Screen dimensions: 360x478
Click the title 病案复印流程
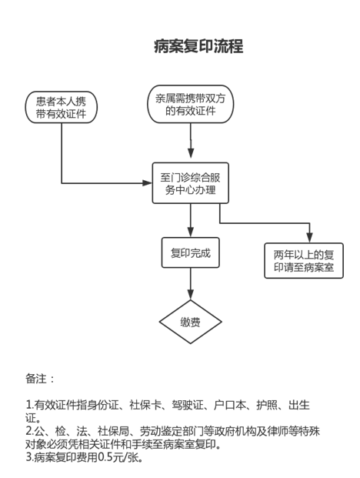coord(198,46)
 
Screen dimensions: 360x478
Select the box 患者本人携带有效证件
coord(62,107)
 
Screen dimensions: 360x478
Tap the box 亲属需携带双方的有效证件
coord(191,104)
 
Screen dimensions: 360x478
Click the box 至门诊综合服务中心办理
coord(190,183)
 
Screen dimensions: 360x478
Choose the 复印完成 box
coord(190,252)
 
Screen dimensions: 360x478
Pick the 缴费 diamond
coord(190,322)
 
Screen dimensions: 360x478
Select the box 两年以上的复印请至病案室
coord(304,261)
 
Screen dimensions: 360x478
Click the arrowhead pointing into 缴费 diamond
coord(190,295)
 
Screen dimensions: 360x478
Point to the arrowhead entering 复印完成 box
coord(190,232)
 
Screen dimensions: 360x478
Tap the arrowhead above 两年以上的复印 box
coord(309,238)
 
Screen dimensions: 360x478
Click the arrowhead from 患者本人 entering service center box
coord(148,183)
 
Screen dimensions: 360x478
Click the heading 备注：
coord(40,379)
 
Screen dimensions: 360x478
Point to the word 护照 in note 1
coord(267,405)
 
